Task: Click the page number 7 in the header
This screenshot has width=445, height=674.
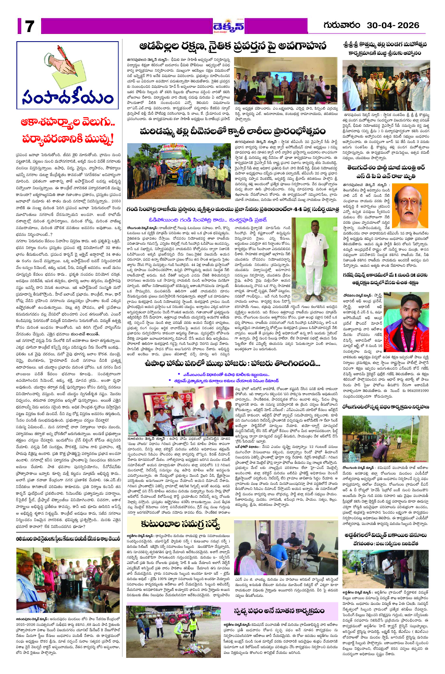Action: pyautogui.click(x=29, y=26)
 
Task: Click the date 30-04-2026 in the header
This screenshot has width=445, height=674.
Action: pyautogui.click(x=393, y=25)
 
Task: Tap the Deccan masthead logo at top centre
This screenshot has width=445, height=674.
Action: pyautogui.click(x=228, y=26)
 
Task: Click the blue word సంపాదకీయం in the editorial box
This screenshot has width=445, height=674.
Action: pyautogui.click(x=68, y=97)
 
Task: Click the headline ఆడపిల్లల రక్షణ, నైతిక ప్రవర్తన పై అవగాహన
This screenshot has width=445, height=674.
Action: pyautogui.click(x=232, y=46)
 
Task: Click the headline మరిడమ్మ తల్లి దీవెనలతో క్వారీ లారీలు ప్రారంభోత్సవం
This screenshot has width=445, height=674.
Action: pyautogui.click(x=232, y=132)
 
